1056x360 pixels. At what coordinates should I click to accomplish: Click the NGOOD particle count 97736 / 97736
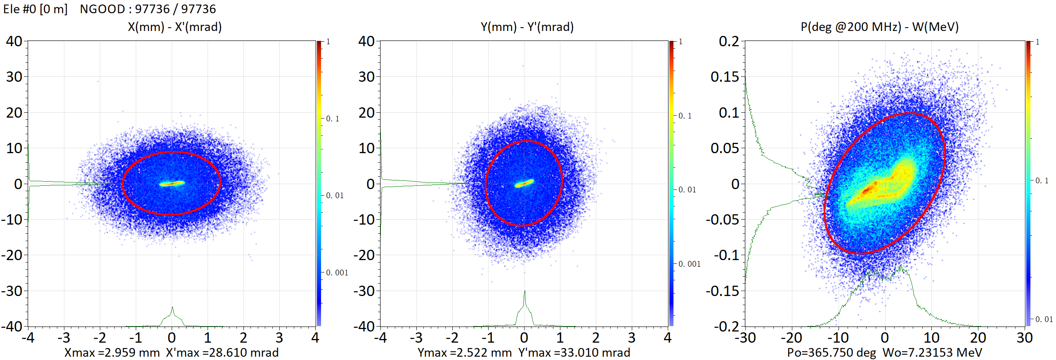[x=147, y=9]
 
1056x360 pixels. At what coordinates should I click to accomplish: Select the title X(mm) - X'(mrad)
[x=175, y=27]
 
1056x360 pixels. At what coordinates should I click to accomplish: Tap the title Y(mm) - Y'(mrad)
[x=527, y=27]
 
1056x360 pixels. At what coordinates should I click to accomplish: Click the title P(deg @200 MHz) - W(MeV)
[x=879, y=27]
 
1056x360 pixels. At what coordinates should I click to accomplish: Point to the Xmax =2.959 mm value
[x=112, y=353]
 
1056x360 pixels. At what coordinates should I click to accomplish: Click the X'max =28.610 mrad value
[x=222, y=353]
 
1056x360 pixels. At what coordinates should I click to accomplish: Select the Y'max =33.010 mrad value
[x=574, y=353]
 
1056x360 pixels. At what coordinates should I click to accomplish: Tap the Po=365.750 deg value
[x=831, y=353]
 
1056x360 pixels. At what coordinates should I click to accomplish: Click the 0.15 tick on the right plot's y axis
[x=725, y=77]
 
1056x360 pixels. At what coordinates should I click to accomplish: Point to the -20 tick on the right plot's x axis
[x=791, y=338]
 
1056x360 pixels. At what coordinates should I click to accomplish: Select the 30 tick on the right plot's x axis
[x=1025, y=338]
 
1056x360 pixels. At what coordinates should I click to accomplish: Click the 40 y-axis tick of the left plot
[x=14, y=41]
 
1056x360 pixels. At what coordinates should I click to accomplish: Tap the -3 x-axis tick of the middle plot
[x=416, y=338]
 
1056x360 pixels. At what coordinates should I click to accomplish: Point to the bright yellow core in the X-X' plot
[x=172, y=183]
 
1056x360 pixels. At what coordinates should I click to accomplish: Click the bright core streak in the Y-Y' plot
[x=524, y=183]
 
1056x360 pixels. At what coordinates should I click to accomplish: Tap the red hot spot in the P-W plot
[x=869, y=189]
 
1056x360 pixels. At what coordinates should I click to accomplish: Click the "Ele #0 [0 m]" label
[x=35, y=9]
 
